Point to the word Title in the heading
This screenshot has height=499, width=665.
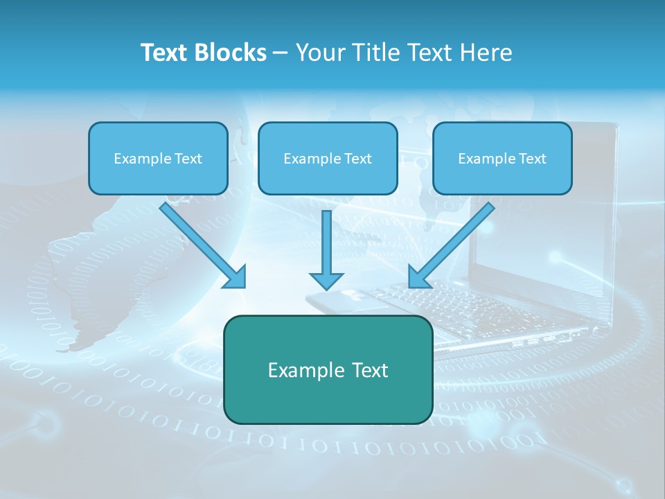coord(374,53)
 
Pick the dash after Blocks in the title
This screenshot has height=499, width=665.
coord(281,53)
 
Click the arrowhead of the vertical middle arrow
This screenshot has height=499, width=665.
coord(326,281)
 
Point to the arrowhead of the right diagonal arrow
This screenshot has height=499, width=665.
coord(418,278)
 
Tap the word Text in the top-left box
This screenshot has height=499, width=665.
coord(188,159)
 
